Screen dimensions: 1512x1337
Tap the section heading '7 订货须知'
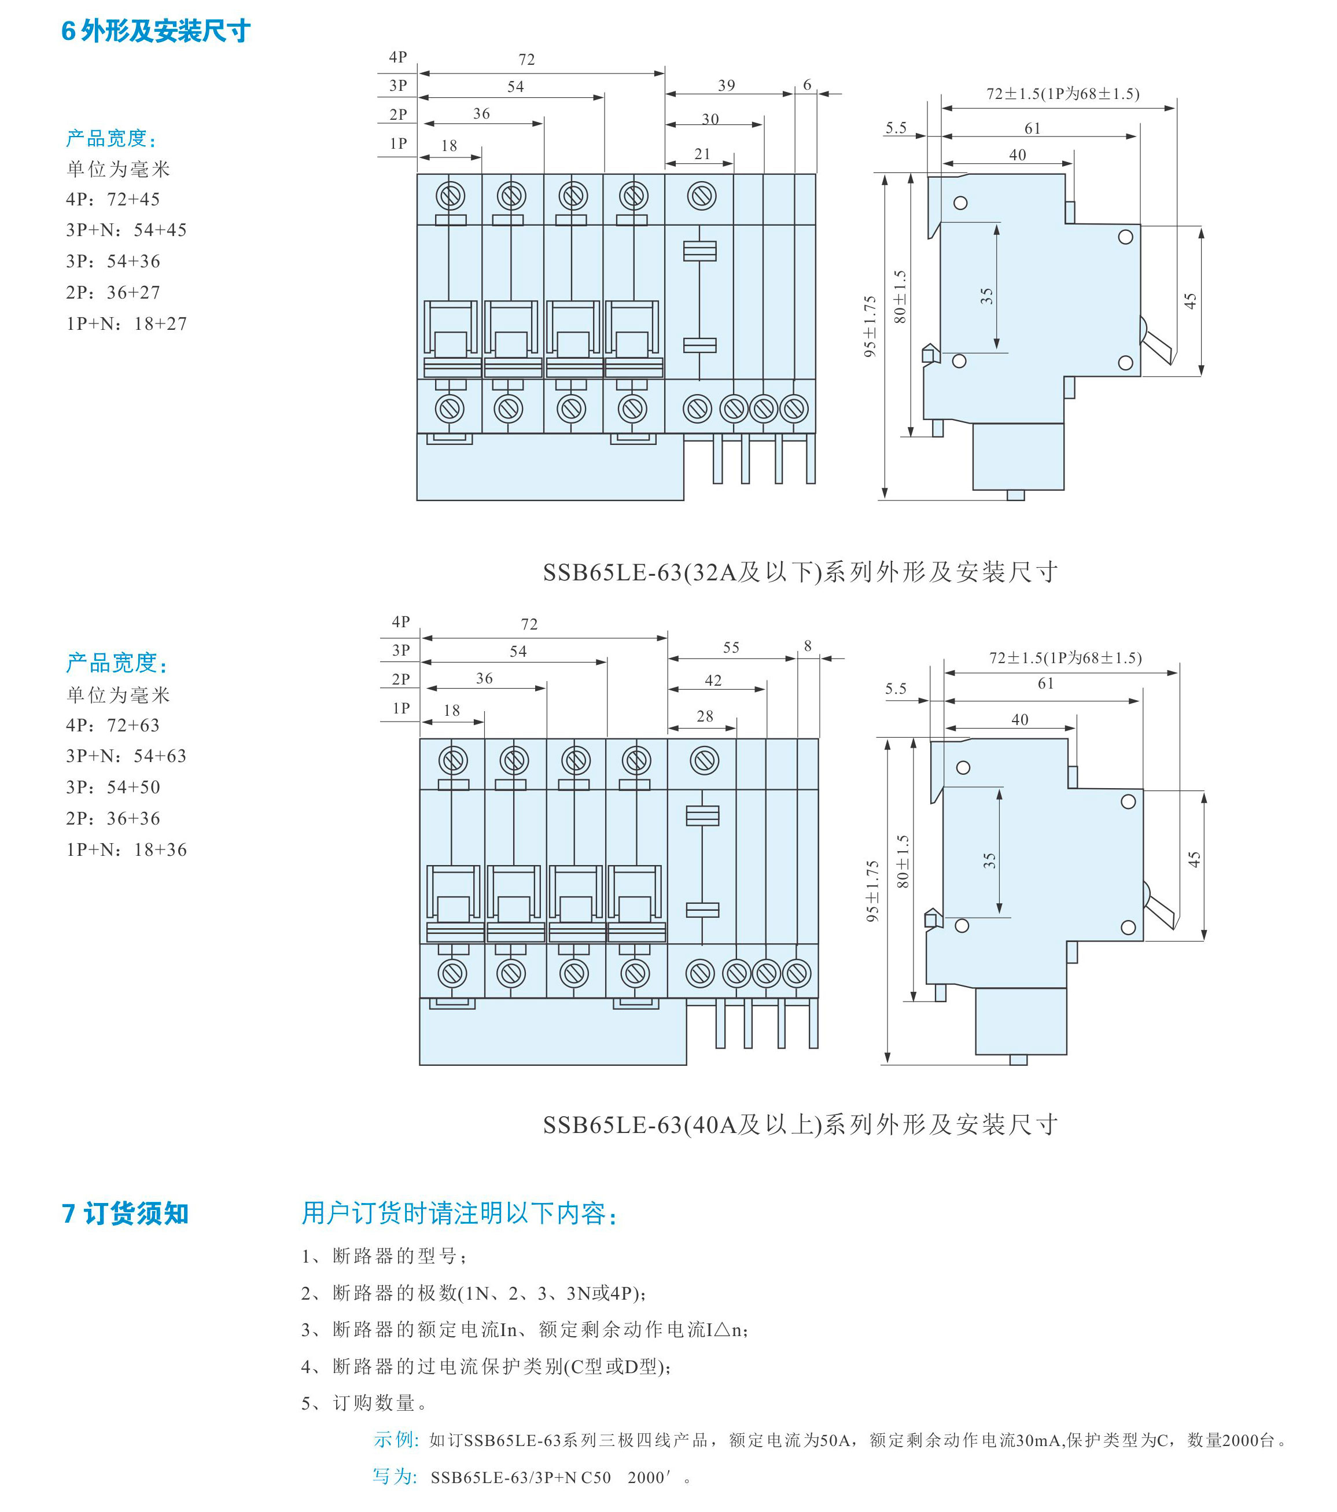[125, 1214]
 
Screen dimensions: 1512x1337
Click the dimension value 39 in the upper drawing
[726, 86]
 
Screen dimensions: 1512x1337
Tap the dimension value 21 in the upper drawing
[702, 154]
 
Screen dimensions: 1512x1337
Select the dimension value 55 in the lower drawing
[731, 648]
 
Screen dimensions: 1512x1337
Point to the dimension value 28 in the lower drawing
[705, 716]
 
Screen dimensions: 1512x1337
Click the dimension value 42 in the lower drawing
[713, 680]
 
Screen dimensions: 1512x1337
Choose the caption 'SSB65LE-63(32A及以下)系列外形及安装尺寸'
[800, 572]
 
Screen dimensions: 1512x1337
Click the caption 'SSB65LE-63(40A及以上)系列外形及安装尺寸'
[800, 1125]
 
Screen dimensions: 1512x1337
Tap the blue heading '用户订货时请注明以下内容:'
[459, 1214]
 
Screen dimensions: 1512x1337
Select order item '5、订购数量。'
[364, 1403]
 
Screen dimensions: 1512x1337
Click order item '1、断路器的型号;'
[384, 1256]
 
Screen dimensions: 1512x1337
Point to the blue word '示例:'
[396, 1440]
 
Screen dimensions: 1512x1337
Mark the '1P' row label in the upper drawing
[398, 144]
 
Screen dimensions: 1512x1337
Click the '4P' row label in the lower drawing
[401, 622]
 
